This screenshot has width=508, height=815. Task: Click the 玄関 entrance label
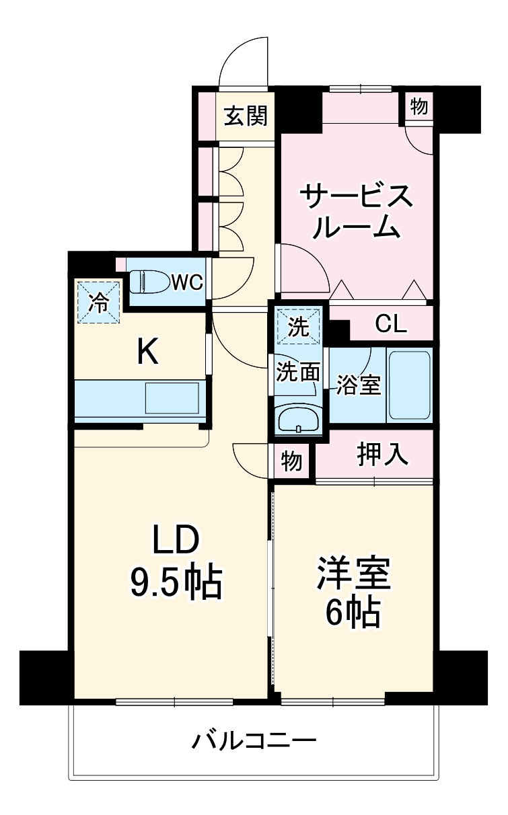click(246, 116)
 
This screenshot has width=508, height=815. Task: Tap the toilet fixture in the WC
click(148, 281)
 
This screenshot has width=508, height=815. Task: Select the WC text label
click(186, 282)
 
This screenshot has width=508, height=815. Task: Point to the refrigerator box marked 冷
click(98, 301)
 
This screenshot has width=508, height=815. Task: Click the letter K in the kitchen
click(147, 352)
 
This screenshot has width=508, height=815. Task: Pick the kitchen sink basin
click(172, 398)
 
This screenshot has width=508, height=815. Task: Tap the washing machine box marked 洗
click(298, 327)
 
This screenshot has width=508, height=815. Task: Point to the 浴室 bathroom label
click(359, 385)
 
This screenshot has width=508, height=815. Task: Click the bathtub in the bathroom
click(408, 385)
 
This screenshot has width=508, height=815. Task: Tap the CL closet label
click(391, 325)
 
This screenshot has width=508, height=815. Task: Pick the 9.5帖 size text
click(176, 583)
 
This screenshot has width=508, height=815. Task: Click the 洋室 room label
click(353, 573)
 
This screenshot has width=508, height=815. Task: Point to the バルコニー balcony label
click(254, 742)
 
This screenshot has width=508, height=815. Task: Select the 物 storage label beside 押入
click(291, 461)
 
